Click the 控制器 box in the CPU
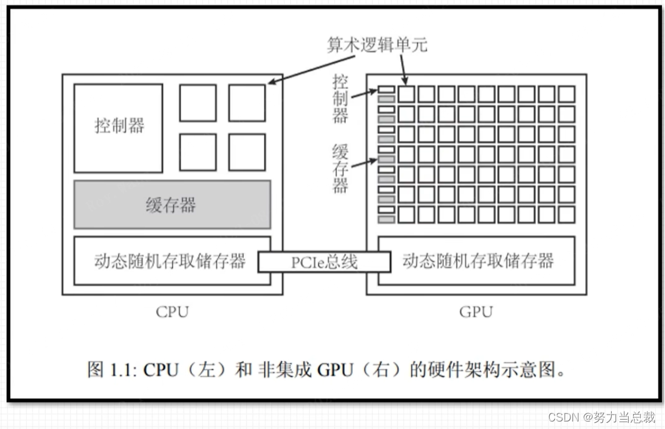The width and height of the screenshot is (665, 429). click(x=118, y=128)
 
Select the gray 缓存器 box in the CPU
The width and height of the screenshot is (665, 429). click(x=172, y=205)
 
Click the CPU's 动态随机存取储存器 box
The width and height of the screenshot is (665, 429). click(x=170, y=261)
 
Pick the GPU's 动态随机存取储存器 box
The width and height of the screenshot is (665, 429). click(x=477, y=261)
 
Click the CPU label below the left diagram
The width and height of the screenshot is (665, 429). click(x=172, y=311)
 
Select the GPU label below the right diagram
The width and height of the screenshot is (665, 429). click(x=476, y=311)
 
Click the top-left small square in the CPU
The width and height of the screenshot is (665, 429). click(x=198, y=103)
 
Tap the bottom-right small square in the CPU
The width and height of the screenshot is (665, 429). click(x=246, y=152)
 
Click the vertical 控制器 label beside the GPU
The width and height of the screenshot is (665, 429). click(x=340, y=99)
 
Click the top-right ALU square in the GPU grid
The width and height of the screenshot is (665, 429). click(x=566, y=94)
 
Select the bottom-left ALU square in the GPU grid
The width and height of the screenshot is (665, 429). click(x=407, y=215)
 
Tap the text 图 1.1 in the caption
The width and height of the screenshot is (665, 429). click(x=111, y=370)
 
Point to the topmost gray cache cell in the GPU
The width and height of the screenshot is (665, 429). click(x=386, y=99)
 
